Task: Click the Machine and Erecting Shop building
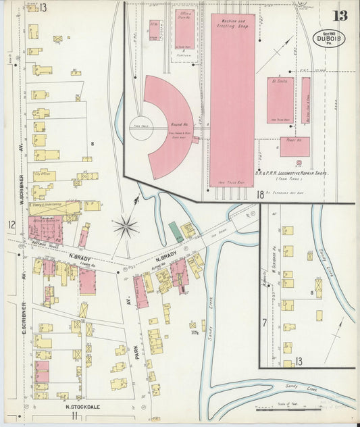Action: [232, 101]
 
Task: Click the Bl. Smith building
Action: [280, 100]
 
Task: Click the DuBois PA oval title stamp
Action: [329, 39]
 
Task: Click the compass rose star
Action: [126, 226]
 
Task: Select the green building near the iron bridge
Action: [176, 232]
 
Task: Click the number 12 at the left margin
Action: [11, 224]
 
